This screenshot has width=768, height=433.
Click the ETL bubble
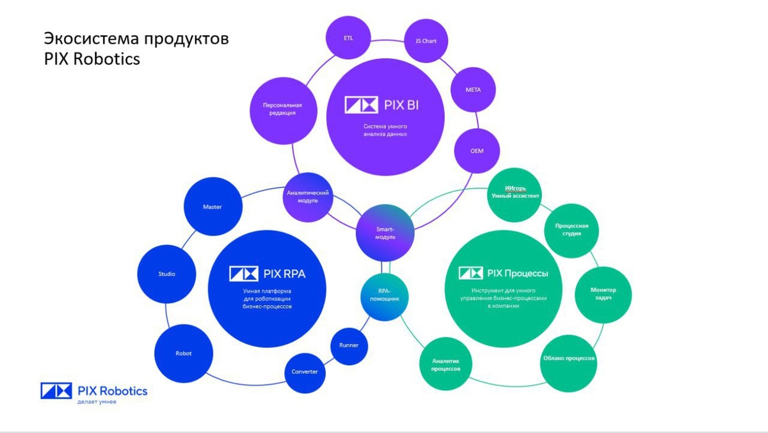348,38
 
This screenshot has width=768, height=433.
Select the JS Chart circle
426,41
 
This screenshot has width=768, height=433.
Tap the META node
473,90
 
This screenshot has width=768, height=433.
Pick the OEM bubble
477,151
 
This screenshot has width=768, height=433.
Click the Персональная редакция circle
282,109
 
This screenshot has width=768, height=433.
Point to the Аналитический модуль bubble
308,196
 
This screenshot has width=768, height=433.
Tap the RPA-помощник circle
384,295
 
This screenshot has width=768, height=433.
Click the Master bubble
212,207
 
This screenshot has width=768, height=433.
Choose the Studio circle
167,274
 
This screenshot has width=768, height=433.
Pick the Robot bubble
184,354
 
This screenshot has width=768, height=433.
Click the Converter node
305,372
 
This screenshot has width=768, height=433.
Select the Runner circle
349,345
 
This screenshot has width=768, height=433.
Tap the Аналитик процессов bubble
445,365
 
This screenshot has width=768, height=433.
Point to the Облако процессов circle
569,358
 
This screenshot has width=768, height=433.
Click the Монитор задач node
603,294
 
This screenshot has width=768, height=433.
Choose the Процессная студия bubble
571,230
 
